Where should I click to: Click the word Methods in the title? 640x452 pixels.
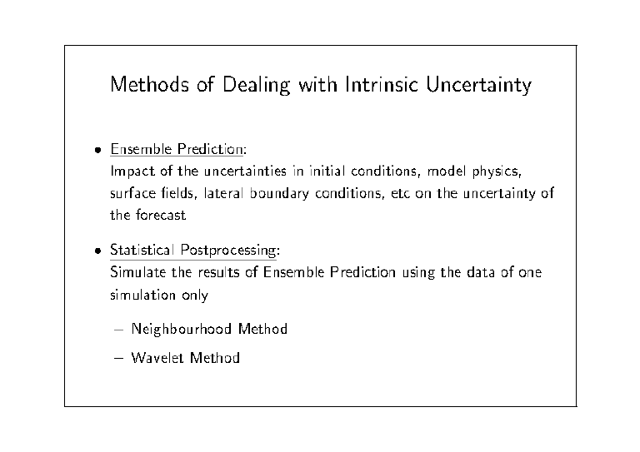coord(150,84)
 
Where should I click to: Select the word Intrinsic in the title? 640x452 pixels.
coord(382,84)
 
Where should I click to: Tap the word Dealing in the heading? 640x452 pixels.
coord(257,85)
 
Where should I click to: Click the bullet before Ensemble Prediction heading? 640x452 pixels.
coord(97,150)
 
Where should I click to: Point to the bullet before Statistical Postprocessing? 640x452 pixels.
coord(97,251)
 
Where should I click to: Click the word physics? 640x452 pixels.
coord(497,171)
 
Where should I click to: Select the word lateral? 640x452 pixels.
coord(223,193)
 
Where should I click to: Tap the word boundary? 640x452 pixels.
coord(279,194)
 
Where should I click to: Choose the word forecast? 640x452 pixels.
coord(161,215)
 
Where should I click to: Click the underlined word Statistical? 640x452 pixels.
coord(142,250)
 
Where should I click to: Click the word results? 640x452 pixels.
coord(219,272)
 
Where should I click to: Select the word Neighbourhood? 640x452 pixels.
coord(182,330)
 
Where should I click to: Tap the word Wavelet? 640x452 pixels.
coord(157,357)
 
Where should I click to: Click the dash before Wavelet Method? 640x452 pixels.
coord(119,358)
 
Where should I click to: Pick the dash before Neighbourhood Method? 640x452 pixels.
coord(119,330)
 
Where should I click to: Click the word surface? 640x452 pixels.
coord(133,193)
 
